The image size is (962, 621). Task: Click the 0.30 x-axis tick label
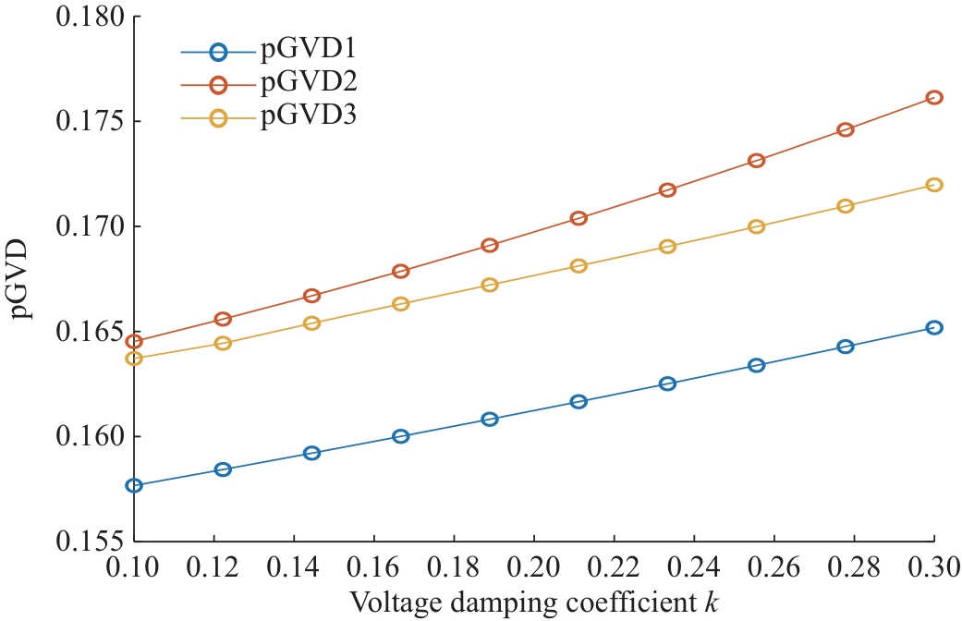coord(933,564)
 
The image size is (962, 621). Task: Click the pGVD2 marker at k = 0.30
coord(933,97)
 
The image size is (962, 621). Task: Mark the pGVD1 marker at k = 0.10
coord(135,485)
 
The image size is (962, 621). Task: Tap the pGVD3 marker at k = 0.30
coord(933,185)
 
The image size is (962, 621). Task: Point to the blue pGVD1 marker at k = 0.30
coord(933,327)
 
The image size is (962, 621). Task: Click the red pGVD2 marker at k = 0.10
coord(135,342)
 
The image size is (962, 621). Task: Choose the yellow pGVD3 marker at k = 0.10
coord(135,359)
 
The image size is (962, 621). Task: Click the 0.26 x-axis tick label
coord(773,564)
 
